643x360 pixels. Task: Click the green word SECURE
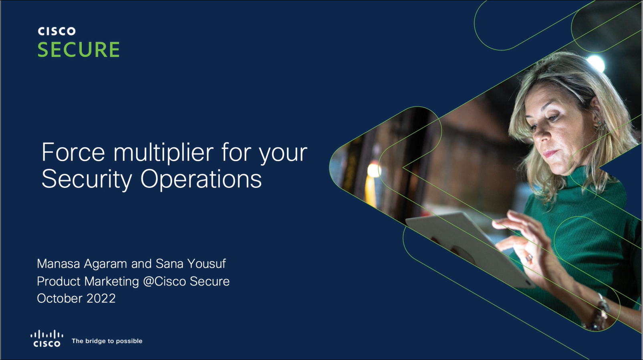pyautogui.click(x=79, y=49)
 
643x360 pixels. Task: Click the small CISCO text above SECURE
pyautogui.click(x=56, y=31)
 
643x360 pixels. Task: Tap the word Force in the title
pyautogui.click(x=73, y=152)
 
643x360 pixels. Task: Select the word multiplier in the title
pyautogui.click(x=163, y=152)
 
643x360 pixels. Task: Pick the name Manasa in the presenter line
pyautogui.click(x=58, y=263)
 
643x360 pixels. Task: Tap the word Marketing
pyautogui.click(x=112, y=282)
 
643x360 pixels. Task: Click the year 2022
pyautogui.click(x=101, y=298)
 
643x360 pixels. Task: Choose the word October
pyautogui.click(x=60, y=298)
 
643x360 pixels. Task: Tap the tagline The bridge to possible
pyautogui.click(x=107, y=341)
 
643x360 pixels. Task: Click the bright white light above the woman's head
pyautogui.click(x=596, y=63)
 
